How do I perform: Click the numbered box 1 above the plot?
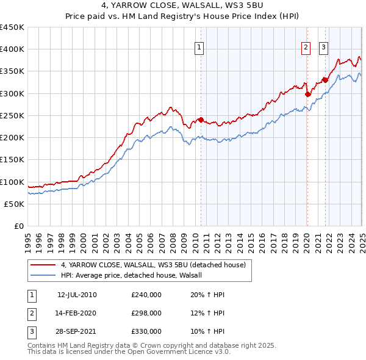point(199,48)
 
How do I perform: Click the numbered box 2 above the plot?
point(305,48)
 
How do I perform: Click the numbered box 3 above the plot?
point(323,48)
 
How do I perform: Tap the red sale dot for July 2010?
point(201,120)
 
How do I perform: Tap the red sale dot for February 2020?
point(307,94)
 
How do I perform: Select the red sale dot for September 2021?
point(326,79)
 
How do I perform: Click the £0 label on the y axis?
point(18,226)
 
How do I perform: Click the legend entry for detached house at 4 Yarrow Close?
point(153,265)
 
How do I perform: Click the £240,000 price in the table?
point(146,295)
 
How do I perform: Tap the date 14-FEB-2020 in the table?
point(77,313)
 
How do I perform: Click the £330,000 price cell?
point(146,331)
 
